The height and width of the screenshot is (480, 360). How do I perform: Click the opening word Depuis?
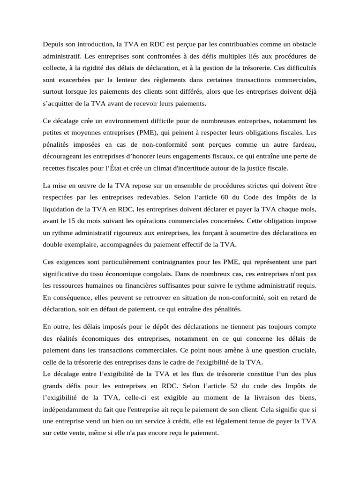pos(53,45)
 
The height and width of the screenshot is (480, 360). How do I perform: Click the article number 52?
pos(226,386)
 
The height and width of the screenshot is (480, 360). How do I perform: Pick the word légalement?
pos(225,421)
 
